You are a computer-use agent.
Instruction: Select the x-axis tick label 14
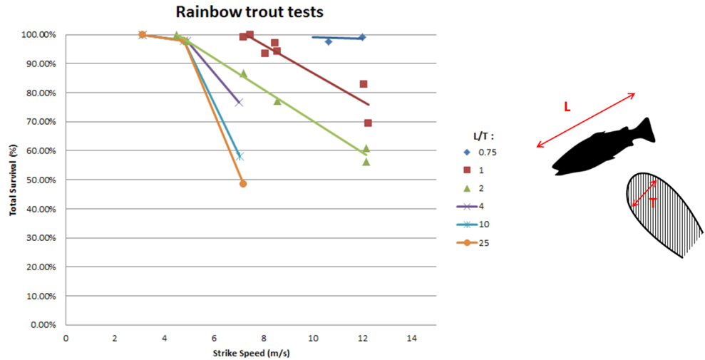pyautogui.click(x=411, y=338)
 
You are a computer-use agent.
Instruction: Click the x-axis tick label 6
pyautogui.click(x=214, y=338)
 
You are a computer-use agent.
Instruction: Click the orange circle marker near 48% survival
pyautogui.click(x=243, y=184)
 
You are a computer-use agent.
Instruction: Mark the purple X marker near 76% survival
pyautogui.click(x=239, y=103)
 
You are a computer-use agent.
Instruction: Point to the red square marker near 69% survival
pyautogui.click(x=368, y=123)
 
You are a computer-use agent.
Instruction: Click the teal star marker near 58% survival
pyautogui.click(x=240, y=156)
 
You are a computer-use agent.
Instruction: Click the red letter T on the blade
pyautogui.click(x=653, y=202)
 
